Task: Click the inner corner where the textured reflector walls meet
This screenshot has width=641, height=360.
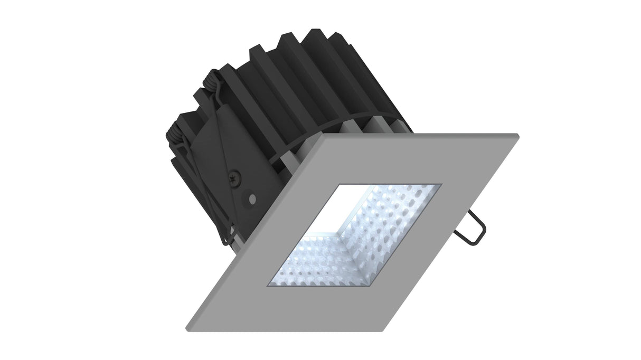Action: point(343,231)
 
